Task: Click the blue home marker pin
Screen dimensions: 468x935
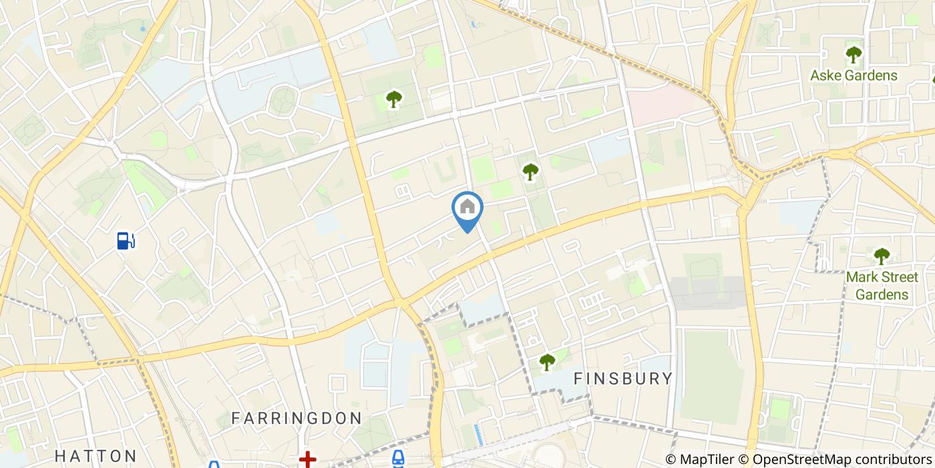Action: coord(467,209)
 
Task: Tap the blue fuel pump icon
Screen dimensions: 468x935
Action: coord(126,240)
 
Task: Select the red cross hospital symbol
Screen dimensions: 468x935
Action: coord(307,459)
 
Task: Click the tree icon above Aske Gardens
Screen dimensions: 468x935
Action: coord(854,54)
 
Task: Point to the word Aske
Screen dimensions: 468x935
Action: coord(825,76)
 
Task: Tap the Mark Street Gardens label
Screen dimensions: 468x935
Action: coord(882,285)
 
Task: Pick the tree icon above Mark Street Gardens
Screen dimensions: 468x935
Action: coord(882,255)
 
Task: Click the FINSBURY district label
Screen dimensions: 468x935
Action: coord(624,378)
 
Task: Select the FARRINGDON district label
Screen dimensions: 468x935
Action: coord(297,419)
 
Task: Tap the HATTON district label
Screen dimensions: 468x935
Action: coord(96,456)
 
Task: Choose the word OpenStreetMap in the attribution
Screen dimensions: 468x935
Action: coord(797,459)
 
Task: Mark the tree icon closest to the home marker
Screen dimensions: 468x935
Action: coord(530,172)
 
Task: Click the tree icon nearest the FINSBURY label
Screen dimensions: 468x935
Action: coord(547,362)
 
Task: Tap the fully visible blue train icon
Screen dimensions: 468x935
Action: coord(398,459)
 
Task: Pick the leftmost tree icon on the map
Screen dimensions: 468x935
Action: coord(394,100)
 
